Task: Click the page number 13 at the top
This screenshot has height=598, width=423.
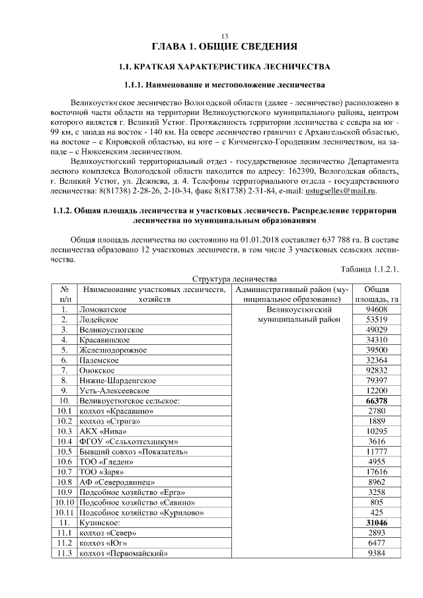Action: point(224,36)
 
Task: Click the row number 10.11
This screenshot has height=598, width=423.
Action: point(64,512)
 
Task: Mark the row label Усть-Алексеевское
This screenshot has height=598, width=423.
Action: point(114,391)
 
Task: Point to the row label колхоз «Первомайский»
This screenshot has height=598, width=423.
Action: point(121,552)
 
